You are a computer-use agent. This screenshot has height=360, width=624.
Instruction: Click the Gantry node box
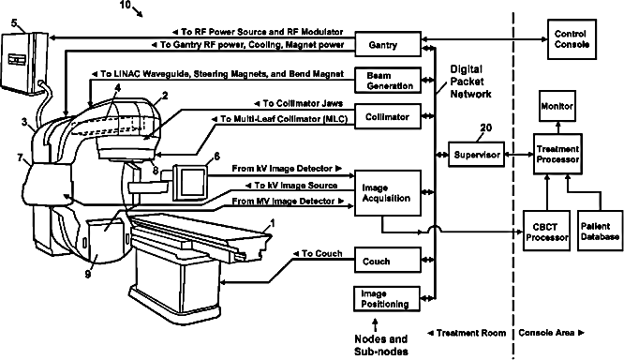(x=388, y=44)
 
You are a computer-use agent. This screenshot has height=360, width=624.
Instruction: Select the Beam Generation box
(x=388, y=81)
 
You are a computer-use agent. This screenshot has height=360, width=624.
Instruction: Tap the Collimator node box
(x=388, y=116)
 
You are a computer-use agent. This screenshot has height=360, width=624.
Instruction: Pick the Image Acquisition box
(x=388, y=193)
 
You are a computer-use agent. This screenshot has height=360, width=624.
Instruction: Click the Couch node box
(x=388, y=260)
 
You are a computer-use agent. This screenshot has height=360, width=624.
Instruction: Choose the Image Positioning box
(x=387, y=299)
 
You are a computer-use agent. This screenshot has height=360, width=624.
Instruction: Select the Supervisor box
(x=477, y=154)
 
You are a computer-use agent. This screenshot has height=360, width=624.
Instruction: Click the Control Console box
(x=572, y=39)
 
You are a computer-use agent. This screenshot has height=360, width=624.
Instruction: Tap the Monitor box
(x=557, y=106)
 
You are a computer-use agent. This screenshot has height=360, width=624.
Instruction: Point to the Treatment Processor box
(x=557, y=154)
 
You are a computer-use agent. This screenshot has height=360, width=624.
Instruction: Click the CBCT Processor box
(x=547, y=231)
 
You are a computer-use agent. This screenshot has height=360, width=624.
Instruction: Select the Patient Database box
(x=600, y=231)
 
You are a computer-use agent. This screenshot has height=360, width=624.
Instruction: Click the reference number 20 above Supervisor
(x=486, y=127)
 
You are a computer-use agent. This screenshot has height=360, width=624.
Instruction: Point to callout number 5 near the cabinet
(x=14, y=23)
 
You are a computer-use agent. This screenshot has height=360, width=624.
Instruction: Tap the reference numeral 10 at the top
(x=125, y=5)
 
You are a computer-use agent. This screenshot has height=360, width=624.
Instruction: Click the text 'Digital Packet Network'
(x=470, y=82)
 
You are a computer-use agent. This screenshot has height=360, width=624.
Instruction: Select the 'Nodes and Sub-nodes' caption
(x=381, y=345)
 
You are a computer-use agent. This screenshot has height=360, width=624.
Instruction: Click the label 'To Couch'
(x=318, y=254)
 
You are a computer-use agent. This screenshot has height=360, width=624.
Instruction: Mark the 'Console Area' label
(x=551, y=333)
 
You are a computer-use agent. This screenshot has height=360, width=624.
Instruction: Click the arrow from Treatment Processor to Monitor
(x=557, y=127)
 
